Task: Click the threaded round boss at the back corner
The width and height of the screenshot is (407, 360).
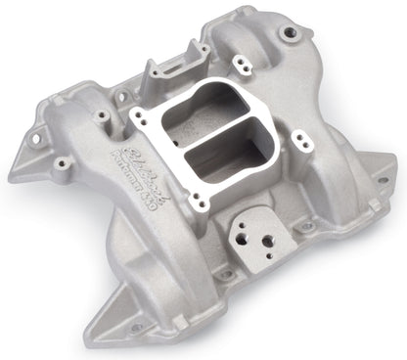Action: [x=290, y=35]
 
